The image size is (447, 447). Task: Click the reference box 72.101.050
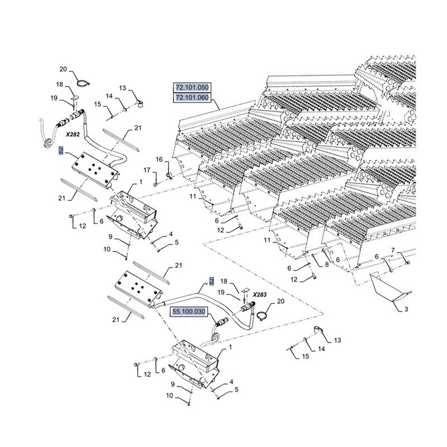[x=192, y=87]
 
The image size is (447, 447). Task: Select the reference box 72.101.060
[x=192, y=98]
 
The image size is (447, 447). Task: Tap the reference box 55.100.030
[x=189, y=312]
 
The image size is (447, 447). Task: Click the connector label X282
[x=73, y=135]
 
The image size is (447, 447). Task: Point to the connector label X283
[x=259, y=294]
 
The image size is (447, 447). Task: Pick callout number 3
[x=406, y=309]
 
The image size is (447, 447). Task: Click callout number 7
[x=393, y=250]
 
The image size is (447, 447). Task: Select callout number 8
[x=327, y=264]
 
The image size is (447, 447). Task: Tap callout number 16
[x=159, y=159]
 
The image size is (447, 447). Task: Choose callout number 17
[x=147, y=170]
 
